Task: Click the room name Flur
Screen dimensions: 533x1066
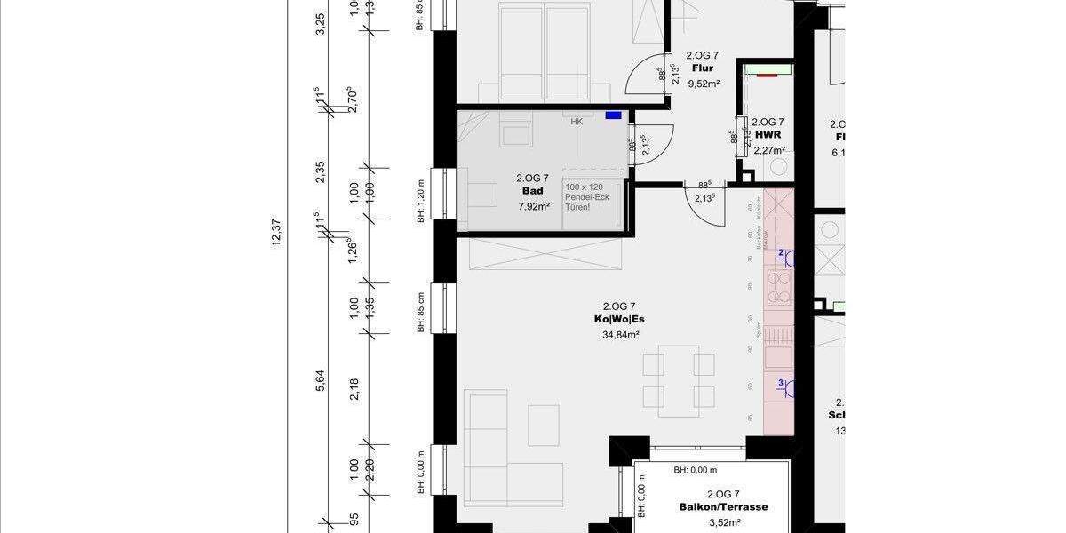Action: click(703, 68)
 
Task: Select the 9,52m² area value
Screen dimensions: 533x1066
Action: click(703, 84)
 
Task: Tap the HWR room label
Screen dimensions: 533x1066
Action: click(768, 136)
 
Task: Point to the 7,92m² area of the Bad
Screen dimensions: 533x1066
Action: click(534, 206)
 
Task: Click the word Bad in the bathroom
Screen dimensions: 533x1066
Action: click(533, 191)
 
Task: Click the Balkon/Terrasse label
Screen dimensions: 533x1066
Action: click(723, 507)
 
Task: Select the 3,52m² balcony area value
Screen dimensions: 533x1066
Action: click(723, 522)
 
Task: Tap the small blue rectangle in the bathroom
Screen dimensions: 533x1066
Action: click(613, 115)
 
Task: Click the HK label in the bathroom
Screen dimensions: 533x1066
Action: click(577, 122)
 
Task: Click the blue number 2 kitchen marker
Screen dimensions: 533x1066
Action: click(781, 254)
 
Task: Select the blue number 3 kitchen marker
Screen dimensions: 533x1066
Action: click(781, 384)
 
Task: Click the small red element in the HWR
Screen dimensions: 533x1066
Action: click(765, 76)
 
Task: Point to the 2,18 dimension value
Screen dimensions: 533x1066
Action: click(354, 388)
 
